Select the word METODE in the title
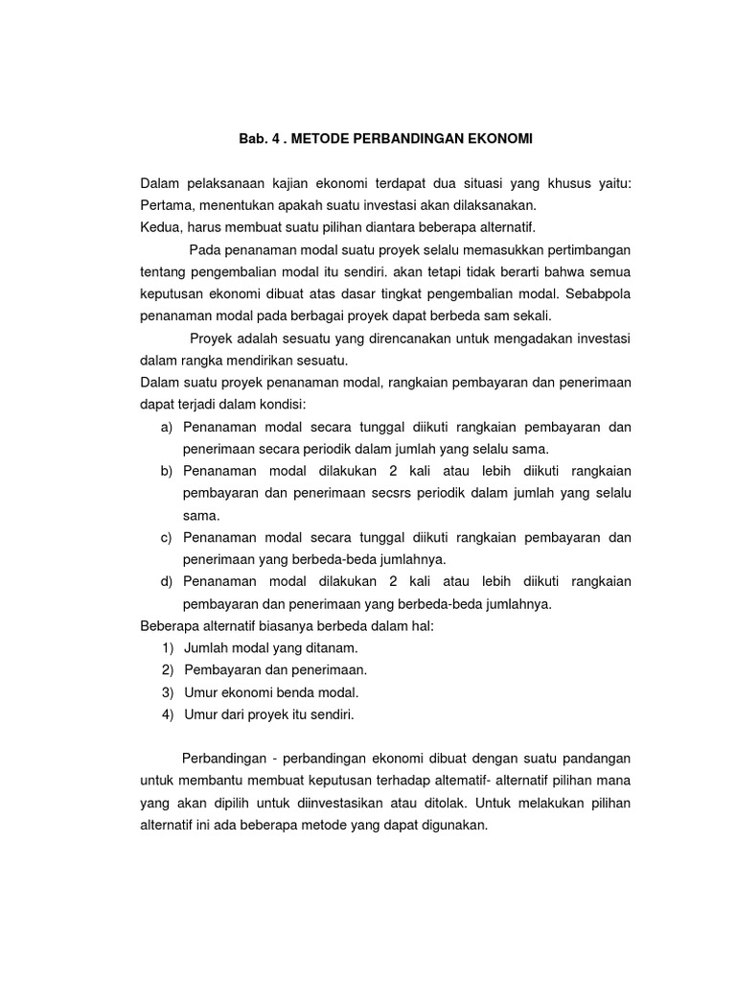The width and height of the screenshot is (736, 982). click(x=320, y=139)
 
